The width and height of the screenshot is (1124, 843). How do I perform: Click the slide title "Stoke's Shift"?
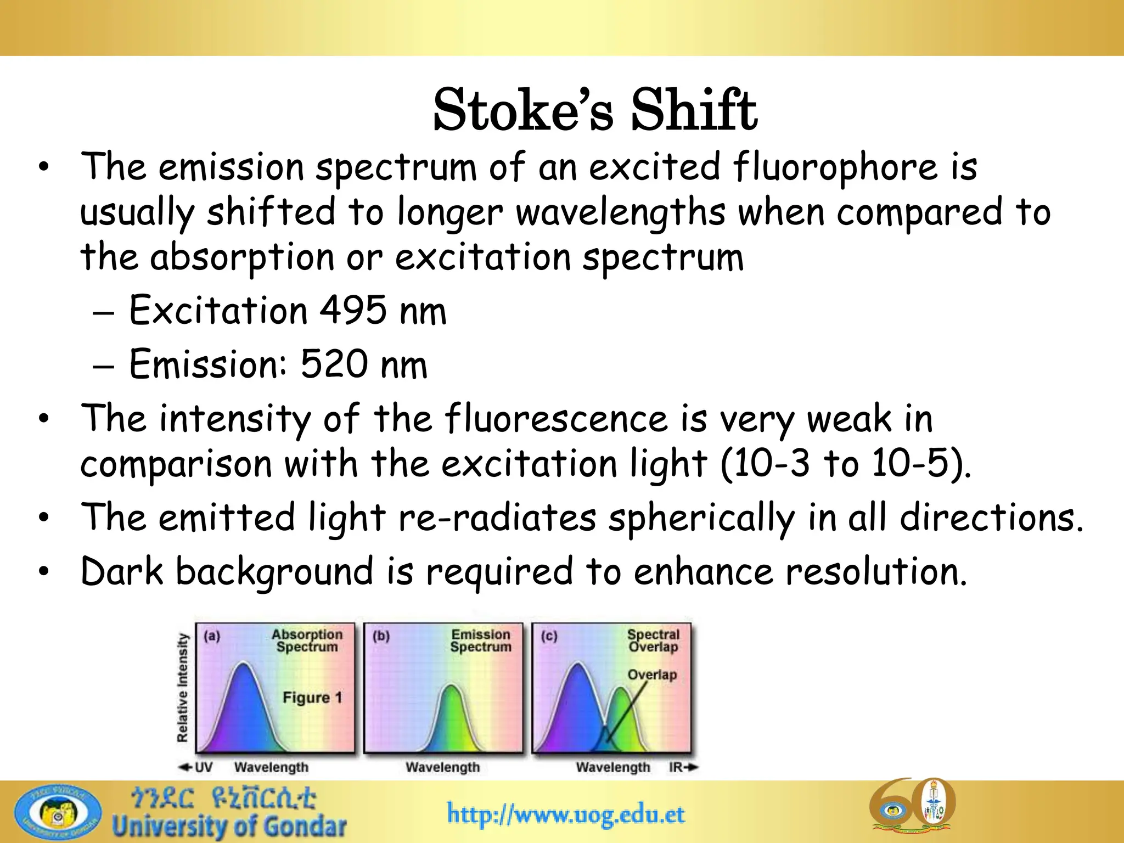click(595, 111)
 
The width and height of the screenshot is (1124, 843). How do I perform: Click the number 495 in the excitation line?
click(353, 311)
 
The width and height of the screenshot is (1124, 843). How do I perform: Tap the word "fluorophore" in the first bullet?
click(835, 167)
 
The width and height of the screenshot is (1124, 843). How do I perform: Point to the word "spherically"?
click(701, 518)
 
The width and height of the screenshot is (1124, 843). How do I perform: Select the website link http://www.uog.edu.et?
click(566, 814)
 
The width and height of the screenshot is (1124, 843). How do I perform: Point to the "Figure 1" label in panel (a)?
click(312, 698)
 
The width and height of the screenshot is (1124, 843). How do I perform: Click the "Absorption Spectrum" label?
click(307, 640)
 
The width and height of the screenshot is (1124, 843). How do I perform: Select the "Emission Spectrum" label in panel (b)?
click(481, 640)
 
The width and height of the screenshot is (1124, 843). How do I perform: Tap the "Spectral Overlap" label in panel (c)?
click(653, 640)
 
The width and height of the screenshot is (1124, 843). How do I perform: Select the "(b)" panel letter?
click(381, 636)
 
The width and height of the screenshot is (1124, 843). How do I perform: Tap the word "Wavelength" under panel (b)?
click(442, 767)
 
